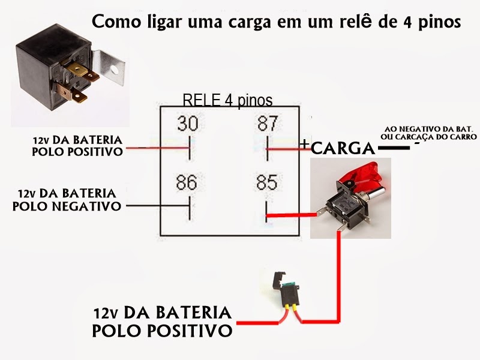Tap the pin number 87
(267, 124)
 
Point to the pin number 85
(267, 182)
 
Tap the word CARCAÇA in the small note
(422, 137)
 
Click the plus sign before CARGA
(306, 145)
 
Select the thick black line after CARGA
(392, 148)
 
